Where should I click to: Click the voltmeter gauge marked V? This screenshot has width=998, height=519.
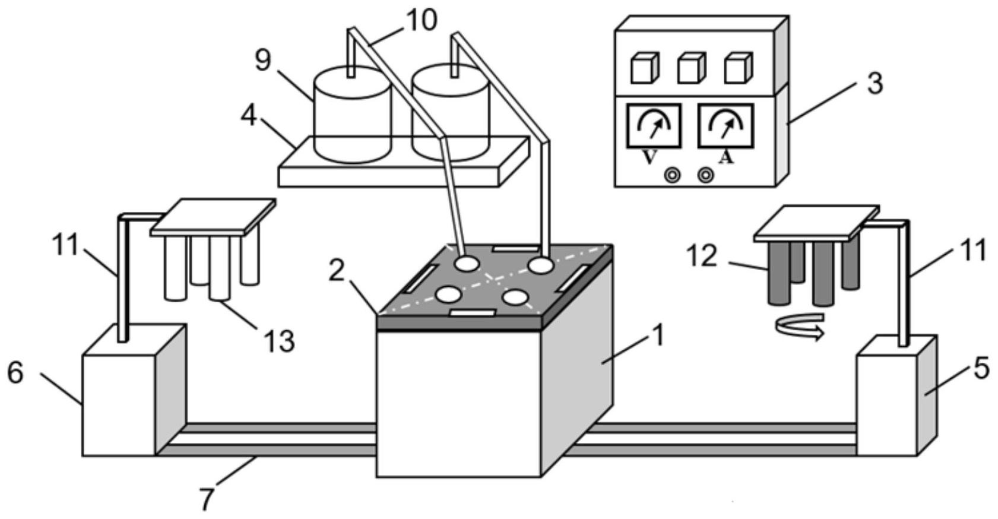pyautogui.click(x=654, y=126)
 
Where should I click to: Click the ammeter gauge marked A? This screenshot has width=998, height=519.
pyautogui.click(x=725, y=126)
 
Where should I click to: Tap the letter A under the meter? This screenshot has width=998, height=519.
pyautogui.click(x=727, y=157)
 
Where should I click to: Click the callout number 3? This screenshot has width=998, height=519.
pyautogui.click(x=875, y=84)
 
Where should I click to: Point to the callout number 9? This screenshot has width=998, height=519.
pyautogui.click(x=264, y=60)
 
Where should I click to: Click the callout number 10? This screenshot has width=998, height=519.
pyautogui.click(x=422, y=21)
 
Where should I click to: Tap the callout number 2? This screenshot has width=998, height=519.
pyautogui.click(x=337, y=270)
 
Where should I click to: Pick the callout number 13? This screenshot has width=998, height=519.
pyautogui.click(x=280, y=341)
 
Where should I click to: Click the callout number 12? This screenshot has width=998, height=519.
pyautogui.click(x=702, y=256)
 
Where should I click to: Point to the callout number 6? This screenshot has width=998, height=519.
pyautogui.click(x=15, y=372)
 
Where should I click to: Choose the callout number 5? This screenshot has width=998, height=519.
pyautogui.click(x=981, y=369)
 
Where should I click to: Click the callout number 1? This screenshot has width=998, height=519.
pyautogui.click(x=659, y=335)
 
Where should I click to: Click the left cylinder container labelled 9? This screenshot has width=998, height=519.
pyautogui.click(x=353, y=115)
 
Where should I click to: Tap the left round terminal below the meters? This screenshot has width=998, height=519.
pyautogui.click(x=672, y=175)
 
